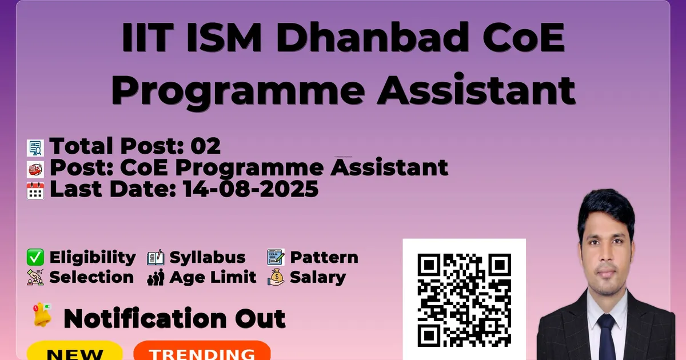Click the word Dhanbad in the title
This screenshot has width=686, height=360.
pos(372,37)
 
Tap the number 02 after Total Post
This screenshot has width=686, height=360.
pos(205,146)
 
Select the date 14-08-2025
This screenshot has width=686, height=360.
pos(251,189)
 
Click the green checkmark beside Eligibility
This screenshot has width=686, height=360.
pos(35,257)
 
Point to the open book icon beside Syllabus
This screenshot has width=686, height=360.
pos(155,257)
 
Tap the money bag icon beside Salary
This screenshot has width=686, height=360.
pos(276,277)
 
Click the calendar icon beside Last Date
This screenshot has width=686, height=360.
pos(35,191)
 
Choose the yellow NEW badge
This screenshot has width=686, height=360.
pos(75,351)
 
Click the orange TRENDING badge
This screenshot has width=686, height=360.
pos(202,351)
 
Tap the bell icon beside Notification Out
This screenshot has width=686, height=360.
pos(42,315)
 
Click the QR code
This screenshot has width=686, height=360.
pos(464,300)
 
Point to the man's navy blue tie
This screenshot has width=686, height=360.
pos(607,337)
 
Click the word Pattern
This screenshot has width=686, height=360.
pos(324,258)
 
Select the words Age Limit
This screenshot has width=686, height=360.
pos(213,278)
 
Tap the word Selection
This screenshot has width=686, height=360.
pos(91,277)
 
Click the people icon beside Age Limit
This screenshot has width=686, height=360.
pos(155,277)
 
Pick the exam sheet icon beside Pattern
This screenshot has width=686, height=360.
pos(276,257)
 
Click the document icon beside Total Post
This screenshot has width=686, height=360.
pos(35,148)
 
